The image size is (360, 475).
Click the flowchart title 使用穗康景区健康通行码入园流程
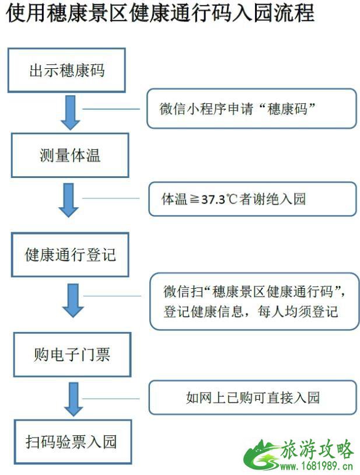coord(160,13)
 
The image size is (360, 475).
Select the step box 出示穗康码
coord(67,71)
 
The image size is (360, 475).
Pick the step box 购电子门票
coord(71,354)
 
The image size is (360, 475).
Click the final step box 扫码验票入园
coord(71,441)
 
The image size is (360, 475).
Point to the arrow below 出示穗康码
coord(71,113)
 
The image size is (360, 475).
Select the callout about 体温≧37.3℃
coord(251,199)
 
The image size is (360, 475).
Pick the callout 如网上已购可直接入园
coord(253,398)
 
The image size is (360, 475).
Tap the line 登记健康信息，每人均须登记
coord(250,311)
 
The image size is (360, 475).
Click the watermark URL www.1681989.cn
coord(317,467)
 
